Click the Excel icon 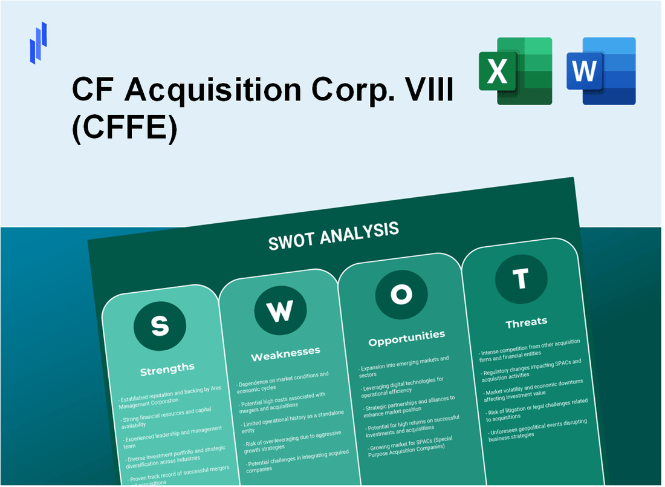pos(515,71)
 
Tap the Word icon pos(601,71)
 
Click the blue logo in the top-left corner pos(38,42)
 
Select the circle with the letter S pos(160,327)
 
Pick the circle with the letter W pos(279,311)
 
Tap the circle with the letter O pos(401,295)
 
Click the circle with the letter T pos(521,279)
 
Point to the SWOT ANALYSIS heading pos(333,235)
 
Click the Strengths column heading pos(167,368)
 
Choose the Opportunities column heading pos(406,337)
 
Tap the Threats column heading pos(526,322)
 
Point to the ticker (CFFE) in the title pos(125,129)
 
